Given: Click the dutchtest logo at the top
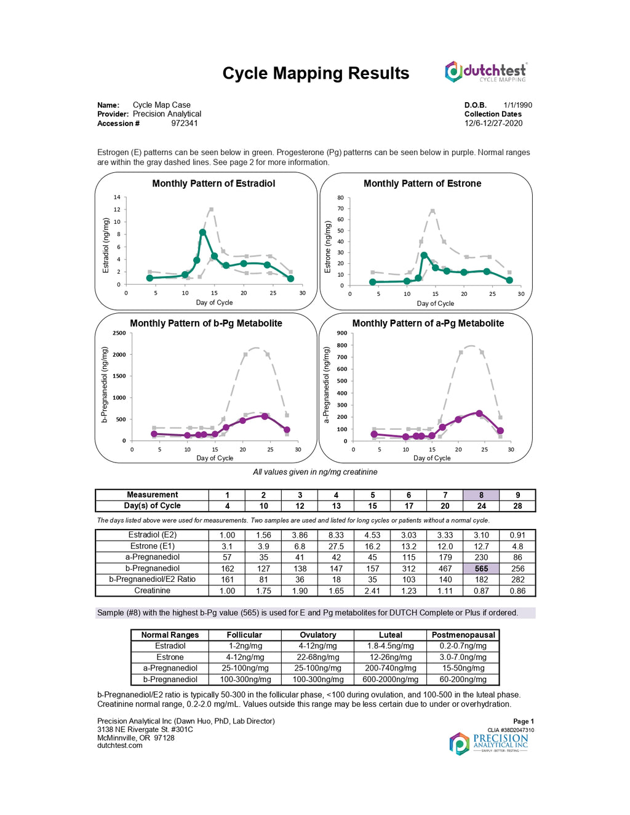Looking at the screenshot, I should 486,72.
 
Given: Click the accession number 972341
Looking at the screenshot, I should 185,124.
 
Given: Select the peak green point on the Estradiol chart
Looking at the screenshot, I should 202,233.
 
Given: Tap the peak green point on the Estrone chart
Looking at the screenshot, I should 424,255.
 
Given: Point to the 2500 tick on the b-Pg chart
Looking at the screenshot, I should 119,333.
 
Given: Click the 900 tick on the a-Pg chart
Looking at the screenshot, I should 342,333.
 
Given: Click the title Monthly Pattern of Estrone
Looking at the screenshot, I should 422,183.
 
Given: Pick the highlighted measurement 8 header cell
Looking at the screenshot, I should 481,495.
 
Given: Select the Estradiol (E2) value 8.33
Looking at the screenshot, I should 336,535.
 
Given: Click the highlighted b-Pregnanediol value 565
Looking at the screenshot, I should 481,569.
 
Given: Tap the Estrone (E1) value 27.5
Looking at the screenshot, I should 336,546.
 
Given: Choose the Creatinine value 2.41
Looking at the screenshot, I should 372,591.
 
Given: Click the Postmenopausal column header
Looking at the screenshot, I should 463,635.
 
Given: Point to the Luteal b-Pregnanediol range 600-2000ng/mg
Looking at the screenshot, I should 390,680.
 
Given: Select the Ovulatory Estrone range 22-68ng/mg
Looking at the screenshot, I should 318,658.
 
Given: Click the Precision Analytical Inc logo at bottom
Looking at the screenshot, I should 488,743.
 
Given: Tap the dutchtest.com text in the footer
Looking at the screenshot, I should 120,745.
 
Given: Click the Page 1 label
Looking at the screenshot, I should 523,722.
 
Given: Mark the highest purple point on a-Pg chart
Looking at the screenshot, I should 479,413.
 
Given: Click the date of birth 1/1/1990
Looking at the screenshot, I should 517,105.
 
